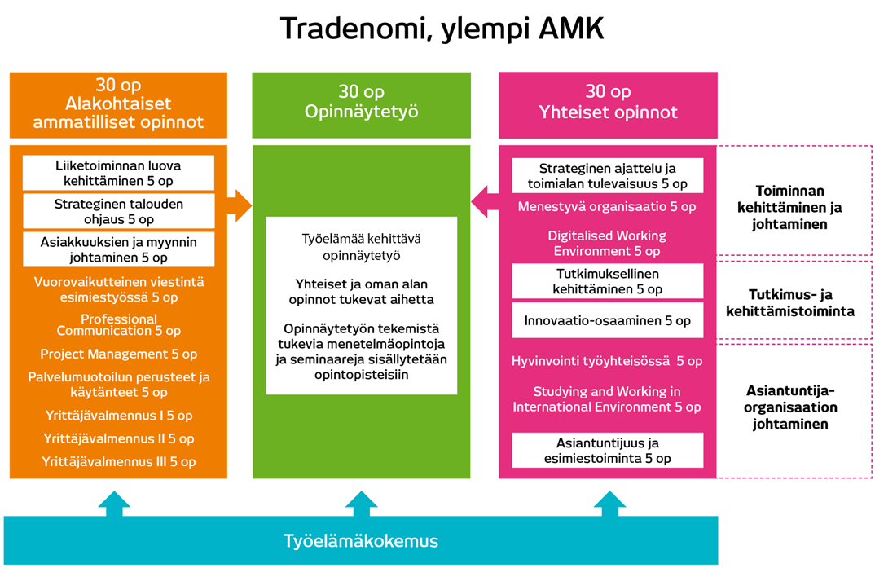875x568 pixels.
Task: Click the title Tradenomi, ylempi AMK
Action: coord(442,29)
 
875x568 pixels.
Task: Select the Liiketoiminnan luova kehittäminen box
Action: coord(118,173)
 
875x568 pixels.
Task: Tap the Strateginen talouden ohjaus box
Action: coord(118,211)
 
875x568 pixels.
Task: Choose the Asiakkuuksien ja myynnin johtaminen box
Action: coord(118,249)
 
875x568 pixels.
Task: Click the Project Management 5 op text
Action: coord(118,354)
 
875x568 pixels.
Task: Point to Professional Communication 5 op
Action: coord(118,325)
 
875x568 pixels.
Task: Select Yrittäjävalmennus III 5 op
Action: coord(118,461)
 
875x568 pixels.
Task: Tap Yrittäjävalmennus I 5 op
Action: coord(118,416)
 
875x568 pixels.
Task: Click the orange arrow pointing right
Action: coord(239,205)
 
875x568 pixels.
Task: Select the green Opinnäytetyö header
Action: coord(361,103)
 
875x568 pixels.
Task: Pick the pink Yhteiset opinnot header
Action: coord(608,103)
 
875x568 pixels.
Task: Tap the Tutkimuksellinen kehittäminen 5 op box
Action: coord(607,281)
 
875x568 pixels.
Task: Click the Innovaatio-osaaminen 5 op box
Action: coord(607,320)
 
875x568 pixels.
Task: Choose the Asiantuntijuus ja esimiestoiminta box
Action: coord(607,451)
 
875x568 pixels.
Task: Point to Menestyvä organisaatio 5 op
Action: coord(607,207)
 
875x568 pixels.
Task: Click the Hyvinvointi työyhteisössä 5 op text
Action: coord(607,361)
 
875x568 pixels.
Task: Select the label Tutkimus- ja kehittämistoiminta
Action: coord(801,302)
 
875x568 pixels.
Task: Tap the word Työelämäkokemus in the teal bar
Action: coord(361,541)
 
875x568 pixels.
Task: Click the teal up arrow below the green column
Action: coord(361,503)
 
